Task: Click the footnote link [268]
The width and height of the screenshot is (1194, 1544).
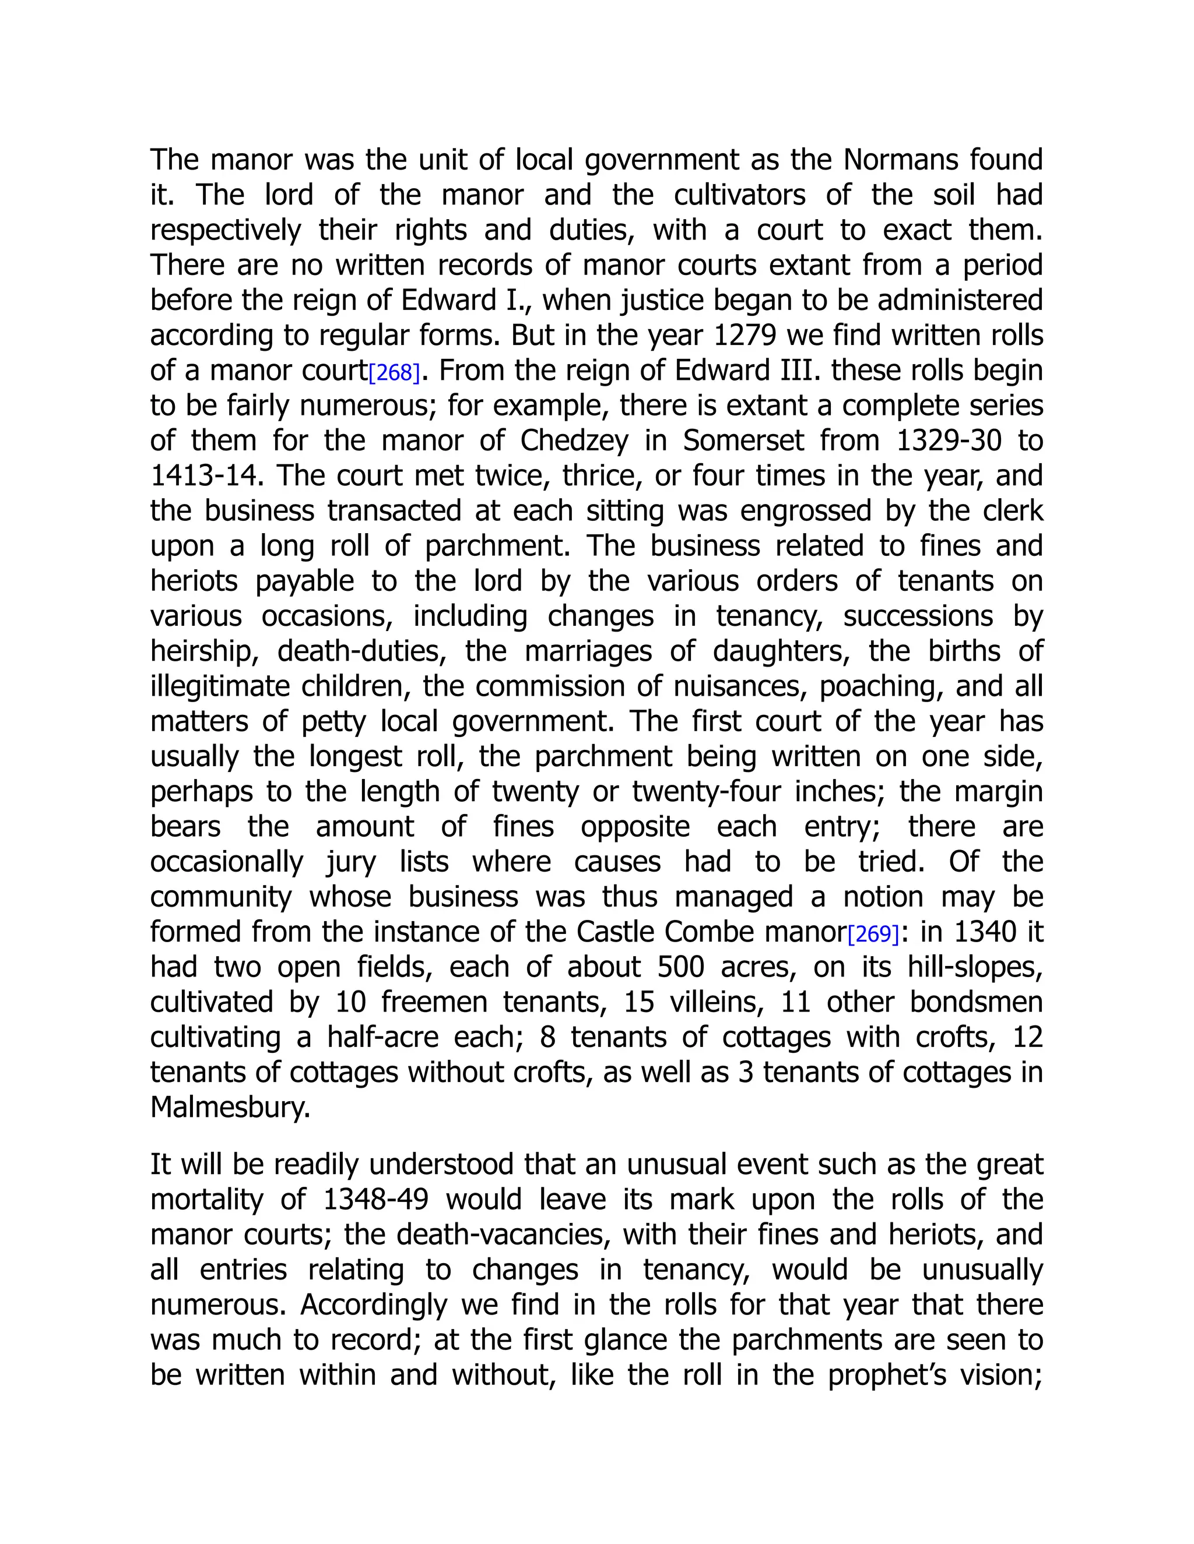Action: coord(395,372)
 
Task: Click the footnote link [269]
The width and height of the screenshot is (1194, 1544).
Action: coord(873,935)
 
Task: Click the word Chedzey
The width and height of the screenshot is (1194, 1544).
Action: coord(574,441)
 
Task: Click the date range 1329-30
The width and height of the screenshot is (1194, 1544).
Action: coord(949,441)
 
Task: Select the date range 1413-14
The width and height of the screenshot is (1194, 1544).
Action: coord(206,476)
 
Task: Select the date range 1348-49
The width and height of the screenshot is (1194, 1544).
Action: coord(375,1200)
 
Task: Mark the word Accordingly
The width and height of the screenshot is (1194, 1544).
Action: coord(375,1305)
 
